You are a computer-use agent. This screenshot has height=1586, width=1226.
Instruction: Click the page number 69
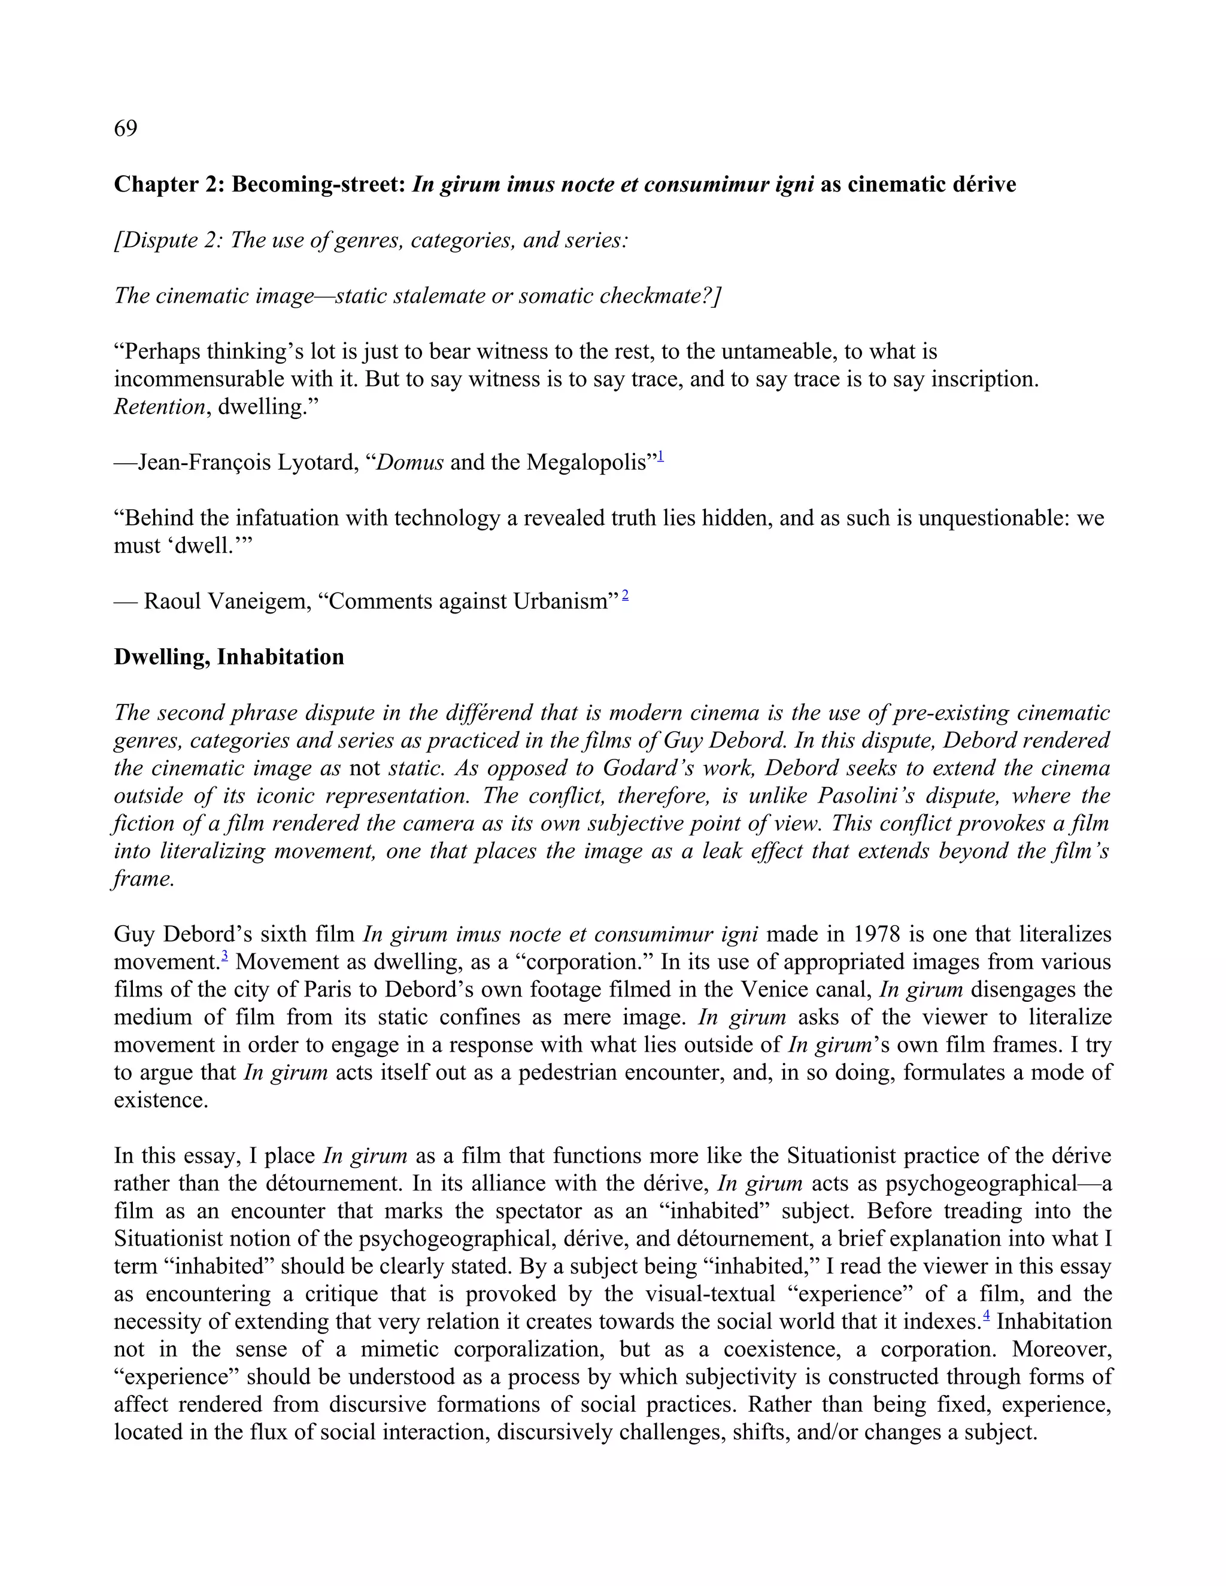[x=126, y=129]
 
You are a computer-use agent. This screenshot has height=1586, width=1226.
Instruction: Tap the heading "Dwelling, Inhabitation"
[x=229, y=657]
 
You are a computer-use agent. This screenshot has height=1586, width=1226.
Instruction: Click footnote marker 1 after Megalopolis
[x=661, y=457]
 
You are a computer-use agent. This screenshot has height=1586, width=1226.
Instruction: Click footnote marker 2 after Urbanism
[x=626, y=596]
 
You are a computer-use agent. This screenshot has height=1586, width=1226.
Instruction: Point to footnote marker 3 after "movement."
[x=225, y=956]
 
